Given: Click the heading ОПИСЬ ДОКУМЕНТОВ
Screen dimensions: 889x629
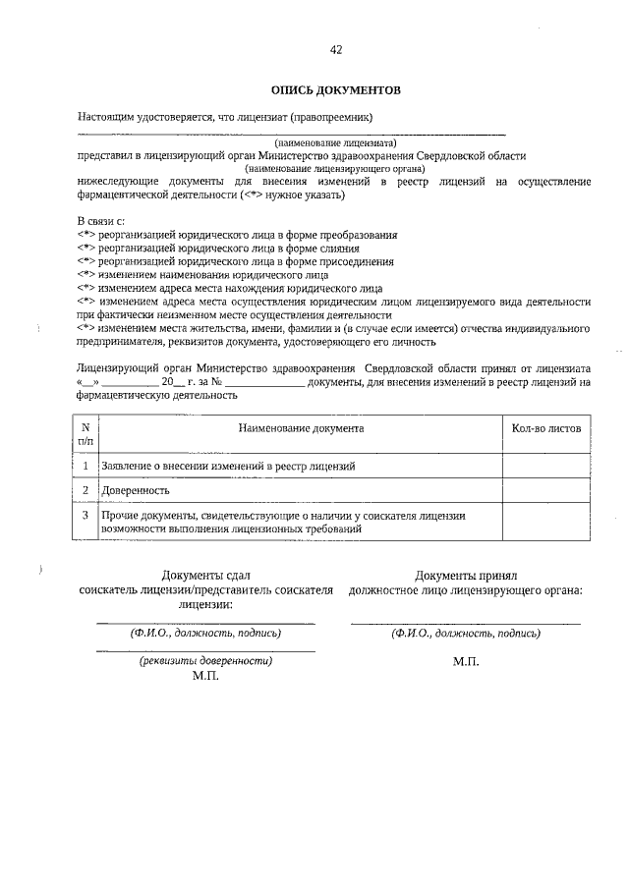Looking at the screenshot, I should [x=335, y=90].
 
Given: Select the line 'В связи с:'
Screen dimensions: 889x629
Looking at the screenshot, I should [x=101, y=221].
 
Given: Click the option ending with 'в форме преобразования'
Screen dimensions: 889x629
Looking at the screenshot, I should [x=237, y=235].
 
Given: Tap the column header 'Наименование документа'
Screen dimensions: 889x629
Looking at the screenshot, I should [x=301, y=429].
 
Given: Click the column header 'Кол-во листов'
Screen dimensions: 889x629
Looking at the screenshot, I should [x=546, y=429].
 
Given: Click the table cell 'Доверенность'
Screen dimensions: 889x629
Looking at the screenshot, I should [x=135, y=489].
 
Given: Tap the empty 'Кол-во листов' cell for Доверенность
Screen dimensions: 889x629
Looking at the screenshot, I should [x=546, y=489].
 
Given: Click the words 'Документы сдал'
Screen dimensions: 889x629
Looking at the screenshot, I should [x=206, y=576].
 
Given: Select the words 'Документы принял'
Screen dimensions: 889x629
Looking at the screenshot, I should [x=465, y=576].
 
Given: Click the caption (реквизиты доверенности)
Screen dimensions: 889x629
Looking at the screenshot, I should [x=206, y=661].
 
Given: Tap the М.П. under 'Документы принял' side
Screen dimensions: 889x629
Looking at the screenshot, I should [x=466, y=663].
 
